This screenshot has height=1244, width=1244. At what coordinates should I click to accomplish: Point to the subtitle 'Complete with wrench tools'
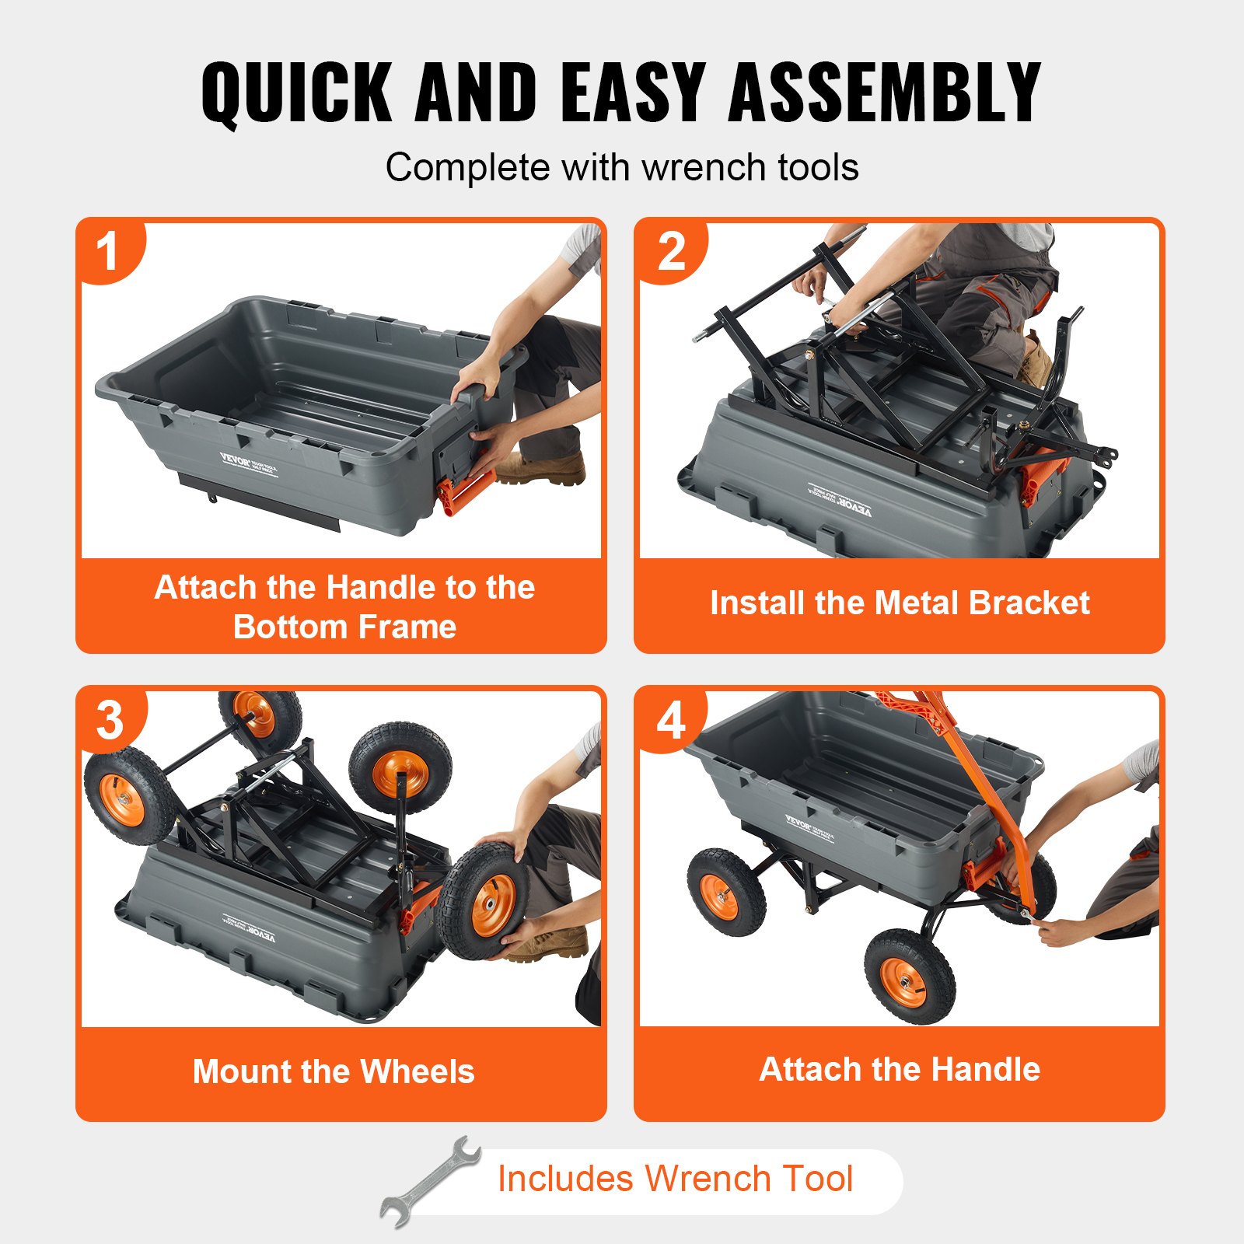coord(622,167)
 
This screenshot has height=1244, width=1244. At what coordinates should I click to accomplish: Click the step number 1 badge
coord(108,251)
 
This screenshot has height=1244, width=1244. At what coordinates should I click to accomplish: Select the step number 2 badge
coord(671,251)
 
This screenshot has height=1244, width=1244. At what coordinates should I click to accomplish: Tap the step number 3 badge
coord(110,720)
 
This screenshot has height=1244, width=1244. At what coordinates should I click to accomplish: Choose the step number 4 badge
coord(671,720)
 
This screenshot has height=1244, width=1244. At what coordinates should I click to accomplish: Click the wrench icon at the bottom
coord(430,1182)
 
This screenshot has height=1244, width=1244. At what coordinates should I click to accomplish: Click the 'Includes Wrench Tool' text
coord(675,1179)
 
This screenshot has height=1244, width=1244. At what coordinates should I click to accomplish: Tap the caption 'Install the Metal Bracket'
coord(900,603)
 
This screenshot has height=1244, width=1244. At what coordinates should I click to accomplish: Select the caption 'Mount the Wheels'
coord(334,1071)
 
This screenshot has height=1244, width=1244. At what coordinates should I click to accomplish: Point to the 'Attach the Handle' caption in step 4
coord(900,1069)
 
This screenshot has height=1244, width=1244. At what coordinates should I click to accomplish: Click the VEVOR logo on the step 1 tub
coord(235,460)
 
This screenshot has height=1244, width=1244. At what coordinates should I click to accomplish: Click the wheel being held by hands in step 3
coord(483,902)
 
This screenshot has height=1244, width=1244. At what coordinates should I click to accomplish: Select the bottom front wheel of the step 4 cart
coord(909,976)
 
